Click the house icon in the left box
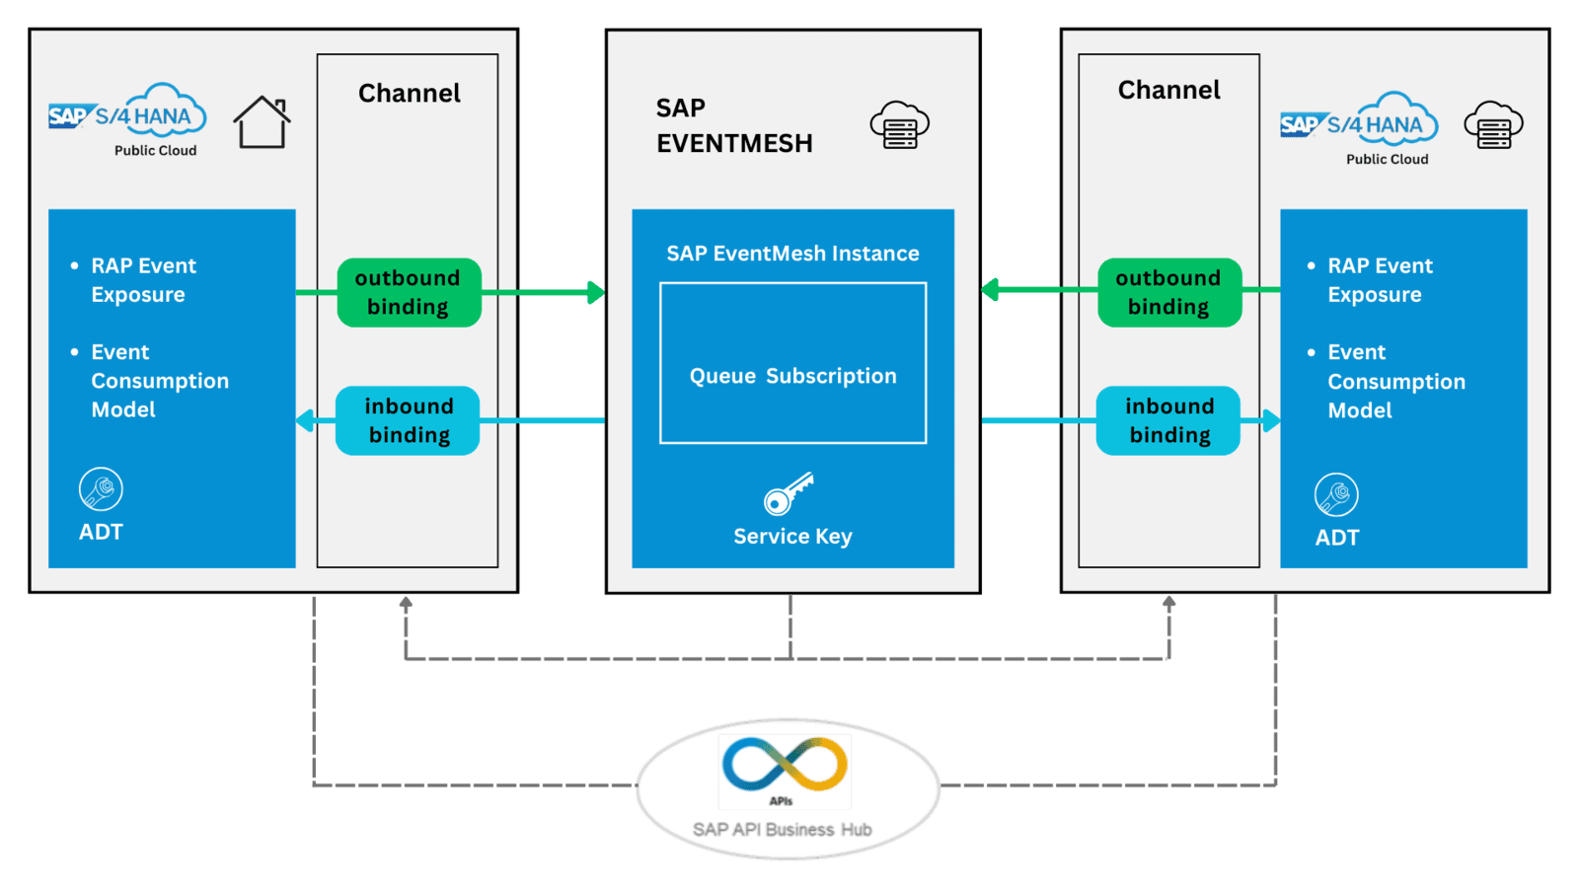pos(262,122)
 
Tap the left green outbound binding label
pos(409,293)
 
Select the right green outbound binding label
pos(1169,293)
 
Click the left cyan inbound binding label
pos(408,420)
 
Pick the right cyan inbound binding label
pos(1168,420)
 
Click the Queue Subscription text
pos(792,376)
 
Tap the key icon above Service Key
pos(789,493)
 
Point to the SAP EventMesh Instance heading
pos(792,254)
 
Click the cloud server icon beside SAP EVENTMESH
pos(899,125)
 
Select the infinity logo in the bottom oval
pos(785,765)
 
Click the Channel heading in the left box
pos(409,93)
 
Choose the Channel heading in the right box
pos(1168,90)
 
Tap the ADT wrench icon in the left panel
pos(101,489)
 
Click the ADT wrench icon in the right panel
pos(1336,494)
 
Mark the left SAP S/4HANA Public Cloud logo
pos(128,119)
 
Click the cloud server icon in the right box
pos(1493,125)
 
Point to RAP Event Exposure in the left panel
pos(143,280)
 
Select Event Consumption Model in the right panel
pos(1394,381)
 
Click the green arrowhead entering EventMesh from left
pos(595,292)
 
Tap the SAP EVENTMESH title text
pos(733,125)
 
